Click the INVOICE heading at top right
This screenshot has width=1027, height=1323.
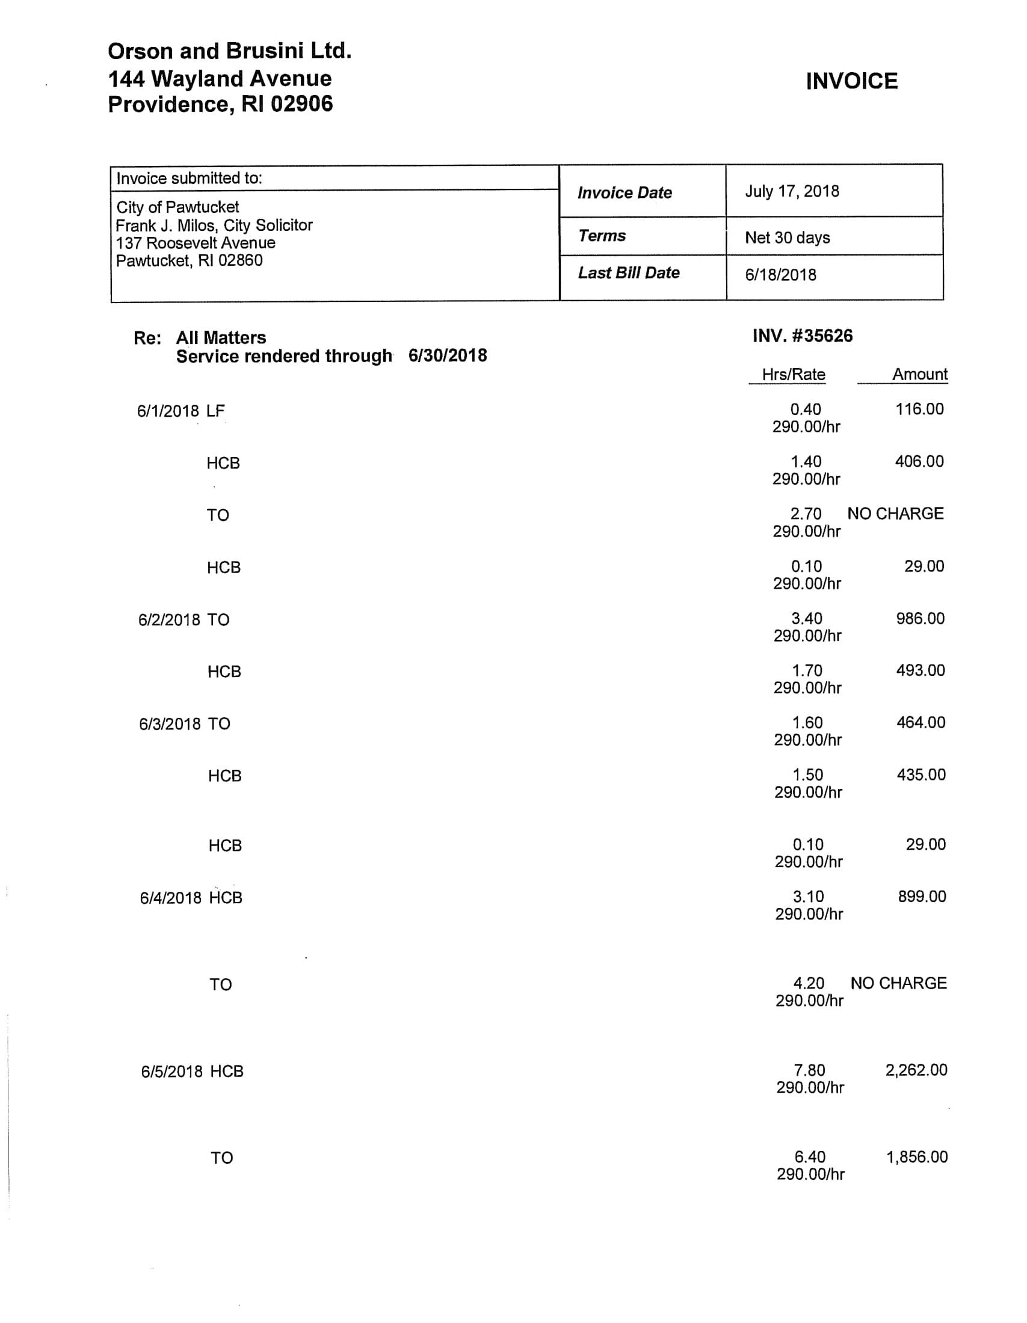click(851, 81)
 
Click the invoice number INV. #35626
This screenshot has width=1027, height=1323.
click(802, 336)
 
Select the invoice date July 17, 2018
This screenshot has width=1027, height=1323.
click(791, 191)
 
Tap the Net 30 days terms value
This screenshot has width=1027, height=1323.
click(787, 238)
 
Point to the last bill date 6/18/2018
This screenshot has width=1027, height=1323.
click(780, 275)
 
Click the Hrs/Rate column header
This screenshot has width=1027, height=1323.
click(793, 375)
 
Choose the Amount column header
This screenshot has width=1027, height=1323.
click(919, 375)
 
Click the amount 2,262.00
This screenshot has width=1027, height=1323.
click(916, 1070)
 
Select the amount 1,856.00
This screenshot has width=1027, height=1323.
click(917, 1157)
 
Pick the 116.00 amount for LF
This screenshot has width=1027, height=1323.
click(919, 409)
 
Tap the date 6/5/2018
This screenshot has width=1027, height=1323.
click(171, 1072)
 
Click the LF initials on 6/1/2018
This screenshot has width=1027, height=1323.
click(215, 411)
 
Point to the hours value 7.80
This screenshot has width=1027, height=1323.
click(809, 1070)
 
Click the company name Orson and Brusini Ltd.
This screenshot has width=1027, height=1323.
click(230, 51)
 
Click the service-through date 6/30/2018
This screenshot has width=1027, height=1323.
click(447, 355)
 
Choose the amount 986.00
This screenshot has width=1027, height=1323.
click(920, 618)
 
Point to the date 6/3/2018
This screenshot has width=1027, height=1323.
click(169, 725)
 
